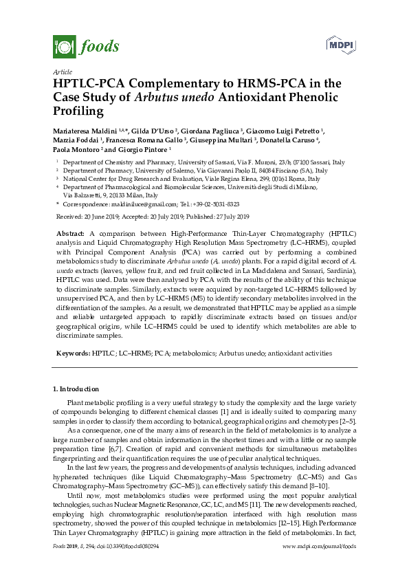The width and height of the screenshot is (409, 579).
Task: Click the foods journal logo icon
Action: pyautogui.click(x=64, y=46)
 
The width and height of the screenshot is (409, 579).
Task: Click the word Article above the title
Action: pyautogui.click(x=62, y=72)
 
